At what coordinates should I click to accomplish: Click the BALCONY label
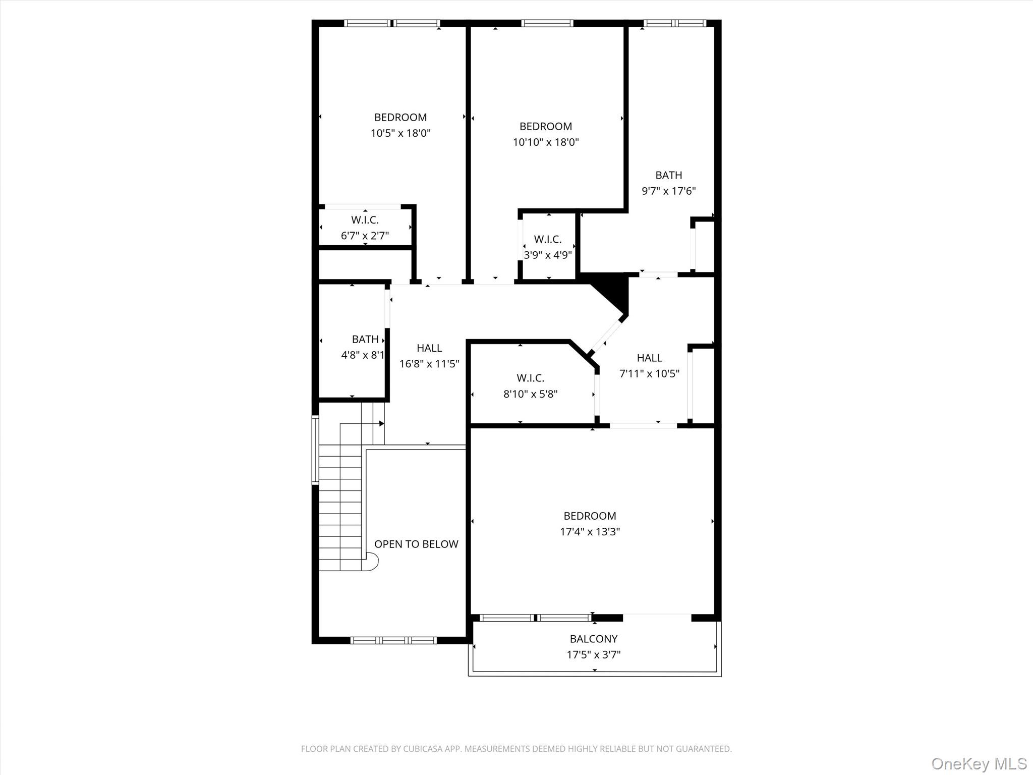(593, 639)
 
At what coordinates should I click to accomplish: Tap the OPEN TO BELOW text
(416, 544)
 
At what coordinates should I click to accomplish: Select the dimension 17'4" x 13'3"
(590, 531)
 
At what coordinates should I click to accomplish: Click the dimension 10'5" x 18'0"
(400, 133)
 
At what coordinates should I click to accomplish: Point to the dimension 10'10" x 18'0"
(546, 142)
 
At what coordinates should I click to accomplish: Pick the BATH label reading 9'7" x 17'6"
(668, 175)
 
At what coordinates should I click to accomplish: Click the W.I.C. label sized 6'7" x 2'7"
(365, 220)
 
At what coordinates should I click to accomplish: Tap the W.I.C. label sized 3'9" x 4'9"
(547, 239)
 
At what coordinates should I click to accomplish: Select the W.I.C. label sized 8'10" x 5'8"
(530, 378)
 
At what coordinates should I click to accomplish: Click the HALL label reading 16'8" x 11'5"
(429, 348)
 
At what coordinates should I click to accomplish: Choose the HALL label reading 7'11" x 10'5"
(649, 358)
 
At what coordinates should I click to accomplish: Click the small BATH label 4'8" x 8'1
(365, 339)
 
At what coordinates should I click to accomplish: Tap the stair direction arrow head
(382, 424)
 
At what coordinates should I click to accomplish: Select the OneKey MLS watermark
(979, 763)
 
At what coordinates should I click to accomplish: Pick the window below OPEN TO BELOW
(393, 640)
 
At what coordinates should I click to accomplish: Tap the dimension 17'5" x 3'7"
(593, 655)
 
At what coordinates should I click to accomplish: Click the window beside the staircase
(315, 450)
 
